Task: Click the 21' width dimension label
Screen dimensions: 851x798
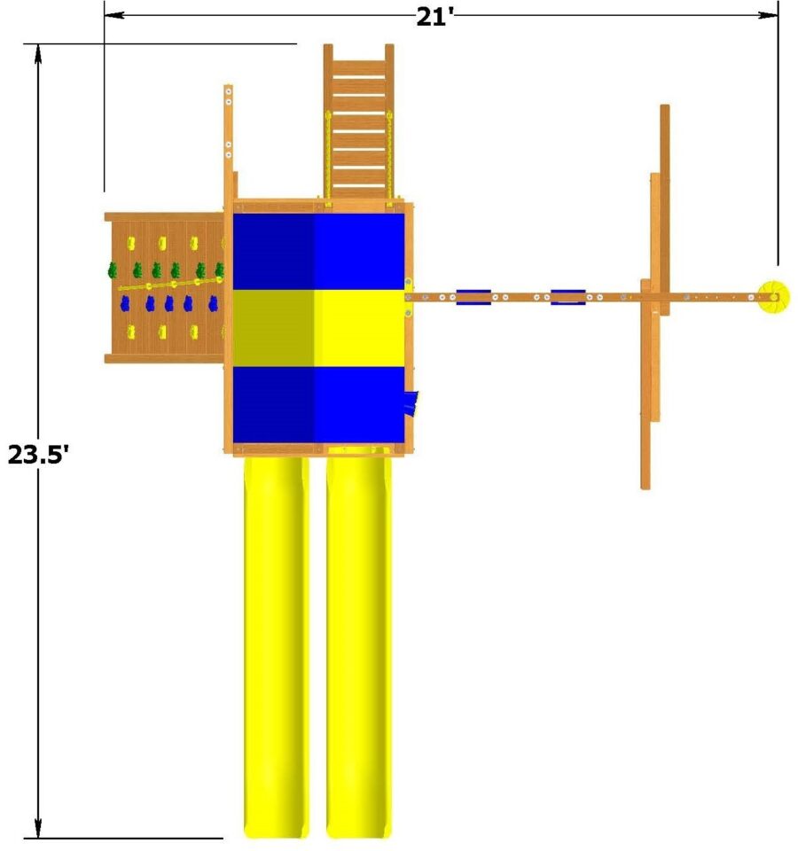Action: (434, 16)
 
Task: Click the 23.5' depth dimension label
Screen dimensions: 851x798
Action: (37, 454)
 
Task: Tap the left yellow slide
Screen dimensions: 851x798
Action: (276, 647)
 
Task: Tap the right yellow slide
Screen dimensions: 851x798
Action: (358, 647)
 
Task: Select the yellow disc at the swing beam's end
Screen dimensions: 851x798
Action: (772, 297)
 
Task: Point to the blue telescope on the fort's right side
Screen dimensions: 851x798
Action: (411, 403)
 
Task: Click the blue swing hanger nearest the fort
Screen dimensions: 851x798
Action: (473, 297)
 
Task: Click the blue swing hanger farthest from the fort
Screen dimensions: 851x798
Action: (567, 297)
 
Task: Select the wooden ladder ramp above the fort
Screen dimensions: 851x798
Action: (358, 120)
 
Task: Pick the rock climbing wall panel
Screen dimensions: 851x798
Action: (164, 288)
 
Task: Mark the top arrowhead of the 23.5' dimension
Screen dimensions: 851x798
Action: (37, 51)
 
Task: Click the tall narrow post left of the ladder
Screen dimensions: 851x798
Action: (228, 133)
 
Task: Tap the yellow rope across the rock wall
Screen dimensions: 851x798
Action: (168, 285)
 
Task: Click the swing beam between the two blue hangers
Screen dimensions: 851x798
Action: (520, 297)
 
